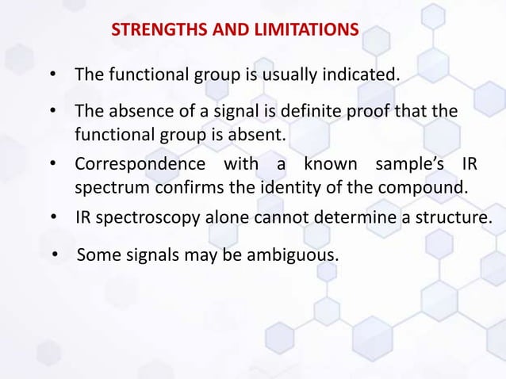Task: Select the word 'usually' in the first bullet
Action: pyautogui.click(x=289, y=75)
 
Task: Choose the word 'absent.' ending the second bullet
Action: pyautogui.click(x=257, y=135)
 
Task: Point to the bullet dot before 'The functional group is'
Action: pyautogui.click(x=52, y=76)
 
